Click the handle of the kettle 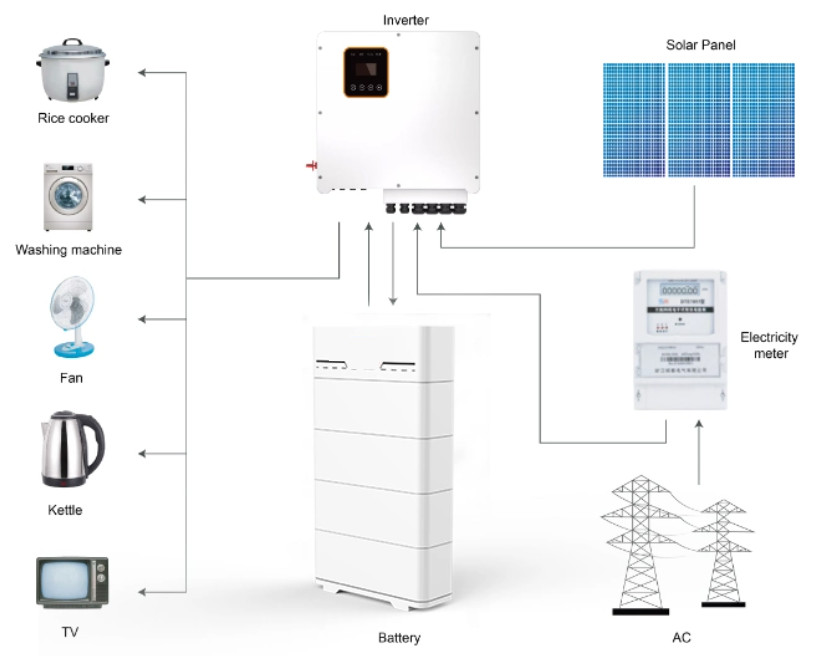(x=96, y=448)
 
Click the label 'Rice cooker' (x=73, y=118)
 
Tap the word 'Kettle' (x=65, y=510)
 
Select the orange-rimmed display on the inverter (x=367, y=73)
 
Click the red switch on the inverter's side (x=311, y=165)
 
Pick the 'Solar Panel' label (x=701, y=44)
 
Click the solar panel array (x=699, y=120)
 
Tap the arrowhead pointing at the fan (x=142, y=319)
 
